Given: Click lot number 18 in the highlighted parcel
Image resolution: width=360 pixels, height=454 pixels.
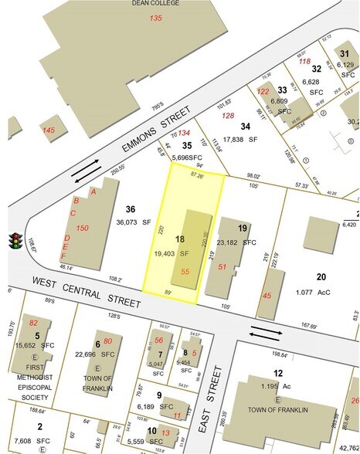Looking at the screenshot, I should pos(180,240).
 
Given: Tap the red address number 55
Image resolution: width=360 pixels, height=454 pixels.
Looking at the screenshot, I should pos(185,271).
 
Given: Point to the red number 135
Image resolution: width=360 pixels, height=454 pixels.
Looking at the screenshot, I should pos(157,18).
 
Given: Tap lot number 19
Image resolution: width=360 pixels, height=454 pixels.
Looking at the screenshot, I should pos(243,229).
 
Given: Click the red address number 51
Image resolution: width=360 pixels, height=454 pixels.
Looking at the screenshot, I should pos(223,267).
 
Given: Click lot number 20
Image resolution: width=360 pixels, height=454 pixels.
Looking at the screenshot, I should pos(321,277).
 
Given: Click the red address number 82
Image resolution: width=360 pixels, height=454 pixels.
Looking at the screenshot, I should pos(33,323).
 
